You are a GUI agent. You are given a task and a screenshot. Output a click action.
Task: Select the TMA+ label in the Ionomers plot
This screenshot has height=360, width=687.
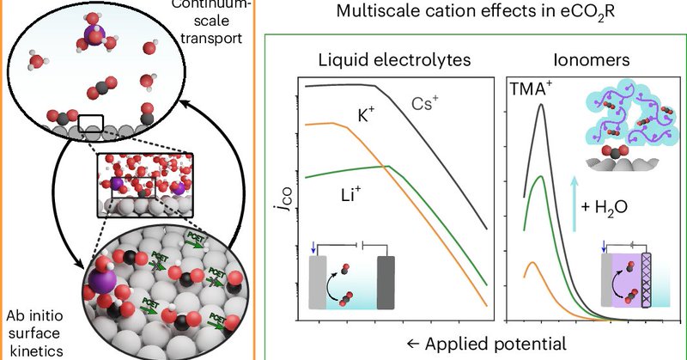click(x=545, y=88)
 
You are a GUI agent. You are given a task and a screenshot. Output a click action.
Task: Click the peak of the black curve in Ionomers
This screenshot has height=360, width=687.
click(x=541, y=105)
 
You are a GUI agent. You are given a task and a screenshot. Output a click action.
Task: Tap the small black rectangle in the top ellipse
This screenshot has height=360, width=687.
click(x=90, y=126)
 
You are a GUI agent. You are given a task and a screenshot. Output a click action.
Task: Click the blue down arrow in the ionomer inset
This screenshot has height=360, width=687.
click(x=607, y=252)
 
